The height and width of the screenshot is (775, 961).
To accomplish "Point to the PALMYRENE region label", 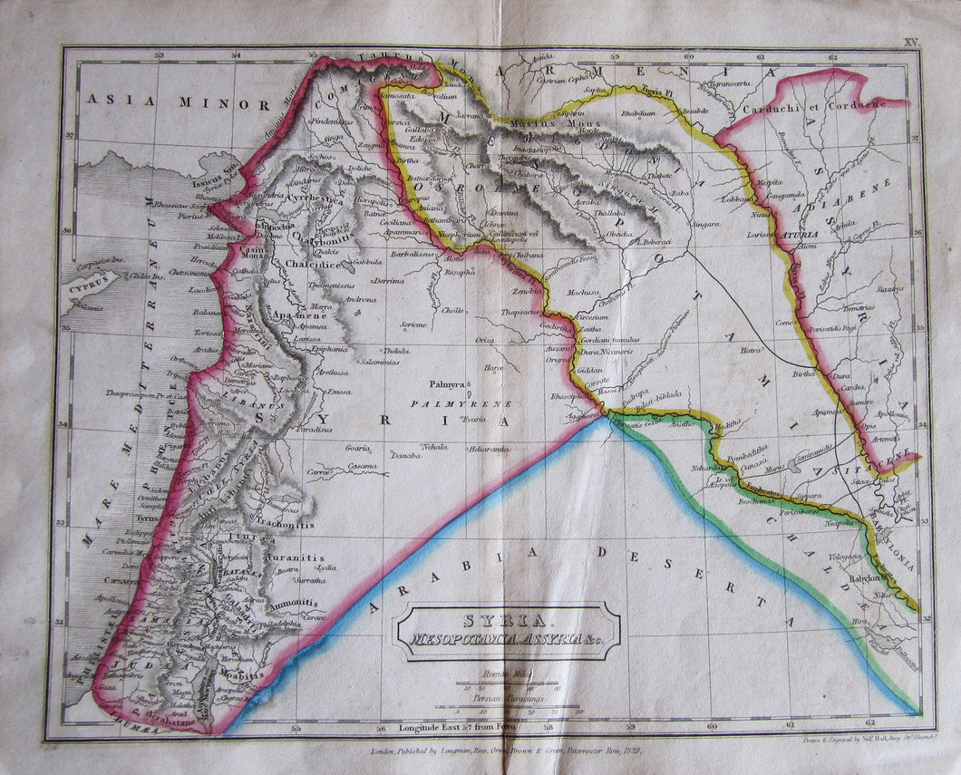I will tap(461, 403).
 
